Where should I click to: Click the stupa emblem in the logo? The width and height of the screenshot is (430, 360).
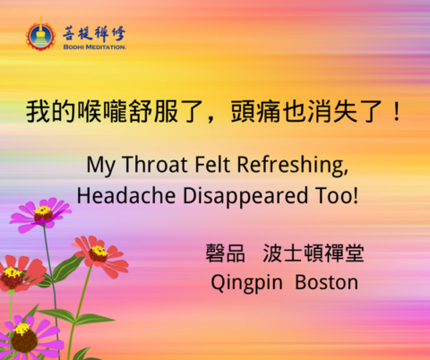coord(40,35)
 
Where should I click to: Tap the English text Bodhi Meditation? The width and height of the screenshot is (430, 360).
coord(95,47)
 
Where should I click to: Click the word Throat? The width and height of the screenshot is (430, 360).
coord(155,165)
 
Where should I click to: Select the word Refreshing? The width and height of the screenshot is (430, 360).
coord(293,165)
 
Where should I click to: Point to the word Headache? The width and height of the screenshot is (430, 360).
coord(126,195)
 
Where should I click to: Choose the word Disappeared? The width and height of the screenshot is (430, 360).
coord(245,197)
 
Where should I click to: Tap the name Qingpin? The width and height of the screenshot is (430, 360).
coord(246,283)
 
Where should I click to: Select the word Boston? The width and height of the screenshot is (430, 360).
coord(326,282)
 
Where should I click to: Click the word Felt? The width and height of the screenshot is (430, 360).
coord(212,165)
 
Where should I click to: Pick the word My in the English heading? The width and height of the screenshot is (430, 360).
coord(100,166)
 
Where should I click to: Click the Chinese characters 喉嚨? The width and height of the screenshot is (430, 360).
coord(102,112)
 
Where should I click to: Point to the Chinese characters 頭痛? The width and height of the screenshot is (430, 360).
coord(255,112)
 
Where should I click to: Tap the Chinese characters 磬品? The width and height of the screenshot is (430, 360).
coord(225,253)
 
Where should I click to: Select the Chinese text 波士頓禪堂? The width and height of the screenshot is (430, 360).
coord(314,253)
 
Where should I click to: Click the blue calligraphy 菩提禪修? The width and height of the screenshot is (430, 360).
coord(94,33)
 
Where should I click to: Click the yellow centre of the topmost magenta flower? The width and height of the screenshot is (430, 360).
coord(43,210)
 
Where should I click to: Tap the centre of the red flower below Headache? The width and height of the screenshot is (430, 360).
coord(99,253)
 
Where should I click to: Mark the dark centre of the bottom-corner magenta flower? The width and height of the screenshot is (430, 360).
coord(24,340)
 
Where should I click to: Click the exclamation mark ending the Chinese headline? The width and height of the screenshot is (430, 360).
coord(397,111)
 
